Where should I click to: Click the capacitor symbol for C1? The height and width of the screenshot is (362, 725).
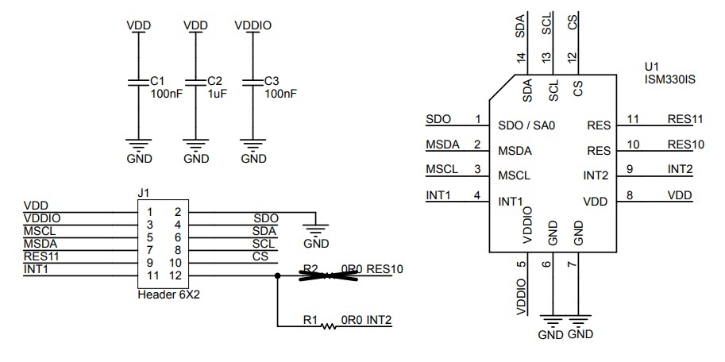pyautogui.click(x=139, y=82)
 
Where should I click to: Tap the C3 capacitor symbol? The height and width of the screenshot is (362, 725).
pyautogui.click(x=253, y=82)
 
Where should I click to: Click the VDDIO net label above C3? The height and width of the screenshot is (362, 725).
pyautogui.click(x=253, y=25)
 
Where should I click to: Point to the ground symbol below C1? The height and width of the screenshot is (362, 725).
pyautogui.click(x=139, y=144)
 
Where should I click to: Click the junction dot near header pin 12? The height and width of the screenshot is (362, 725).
pyautogui.click(x=277, y=275)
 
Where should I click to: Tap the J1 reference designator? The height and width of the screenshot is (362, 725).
pyautogui.click(x=144, y=193)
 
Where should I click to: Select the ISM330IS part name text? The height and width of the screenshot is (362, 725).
pyautogui.click(x=670, y=79)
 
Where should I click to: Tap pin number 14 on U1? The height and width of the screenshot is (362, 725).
pyautogui.click(x=521, y=57)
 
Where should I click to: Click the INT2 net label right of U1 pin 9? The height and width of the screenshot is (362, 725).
pyautogui.click(x=680, y=169)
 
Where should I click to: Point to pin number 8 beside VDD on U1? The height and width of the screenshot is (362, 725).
pyautogui.click(x=629, y=194)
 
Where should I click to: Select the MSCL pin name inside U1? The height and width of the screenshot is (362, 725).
pyautogui.click(x=514, y=175)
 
